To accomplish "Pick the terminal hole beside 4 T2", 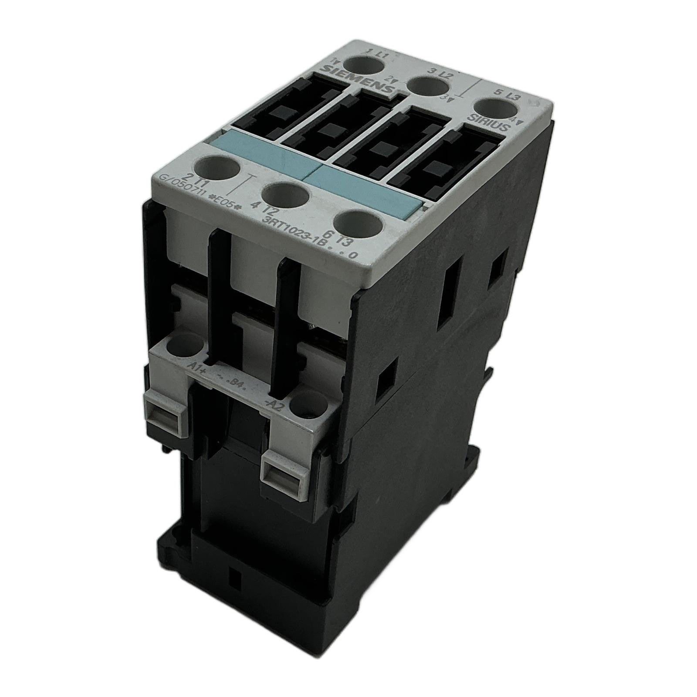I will click(x=283, y=196).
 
